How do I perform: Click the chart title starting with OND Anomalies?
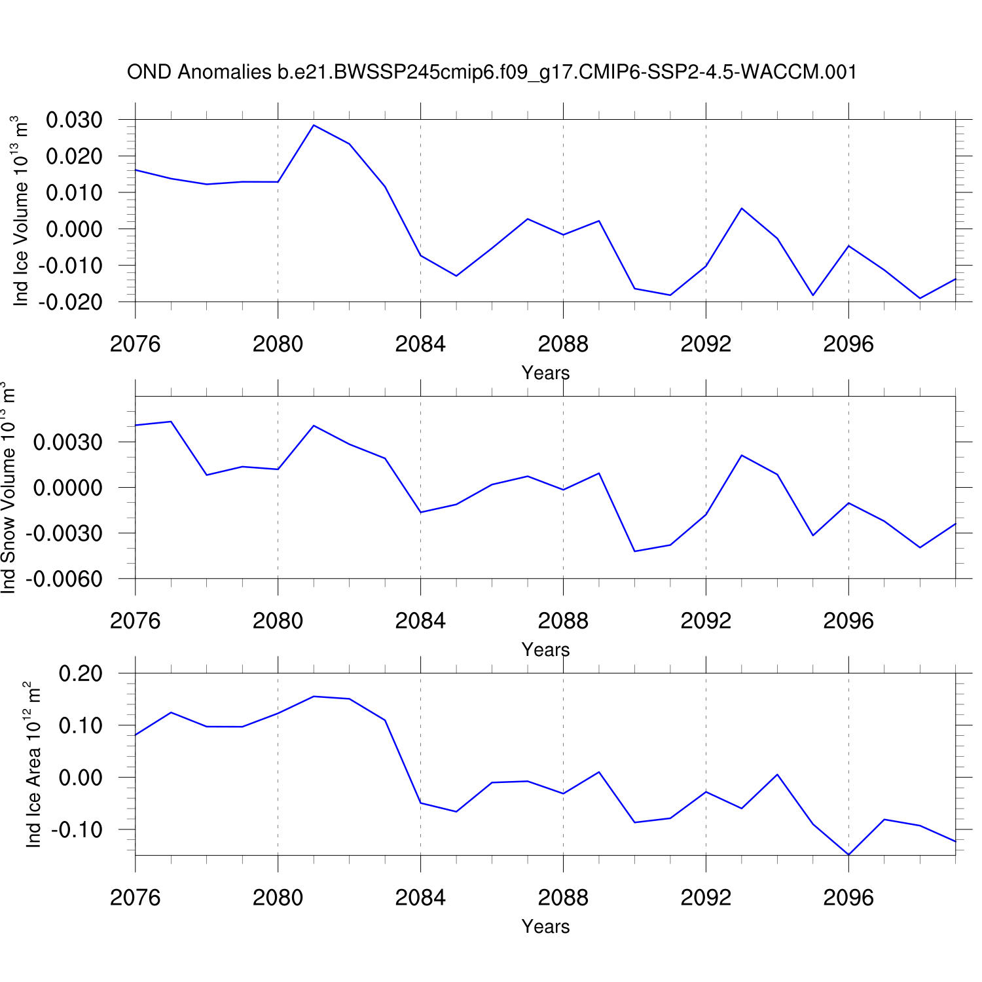pyautogui.click(x=492, y=72)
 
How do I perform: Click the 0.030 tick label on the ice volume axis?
pyautogui.click(x=74, y=120)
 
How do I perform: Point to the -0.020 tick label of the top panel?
pyautogui.click(x=71, y=302)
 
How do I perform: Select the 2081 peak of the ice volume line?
pyautogui.click(x=314, y=125)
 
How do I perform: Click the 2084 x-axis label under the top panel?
pyautogui.click(x=420, y=344)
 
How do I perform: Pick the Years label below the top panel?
pyautogui.click(x=545, y=373)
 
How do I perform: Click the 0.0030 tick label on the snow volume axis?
pyautogui.click(x=68, y=443)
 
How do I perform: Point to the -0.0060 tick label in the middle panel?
pyautogui.click(x=65, y=579)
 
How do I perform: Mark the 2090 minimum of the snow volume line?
pyautogui.click(x=634, y=551)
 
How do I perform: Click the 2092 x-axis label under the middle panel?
pyautogui.click(x=706, y=621)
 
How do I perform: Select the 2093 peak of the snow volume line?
pyautogui.click(x=741, y=455)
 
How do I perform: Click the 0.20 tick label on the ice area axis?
pyautogui.click(x=81, y=674)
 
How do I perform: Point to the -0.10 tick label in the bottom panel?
pyautogui.click(x=77, y=830)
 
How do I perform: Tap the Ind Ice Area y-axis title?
pyautogui.click(x=33, y=764)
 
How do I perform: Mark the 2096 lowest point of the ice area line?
pyautogui.click(x=848, y=854)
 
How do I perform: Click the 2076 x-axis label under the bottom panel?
pyautogui.click(x=136, y=898)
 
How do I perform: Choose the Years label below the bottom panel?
pyautogui.click(x=545, y=927)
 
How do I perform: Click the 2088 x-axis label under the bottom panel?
pyautogui.click(x=563, y=898)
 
